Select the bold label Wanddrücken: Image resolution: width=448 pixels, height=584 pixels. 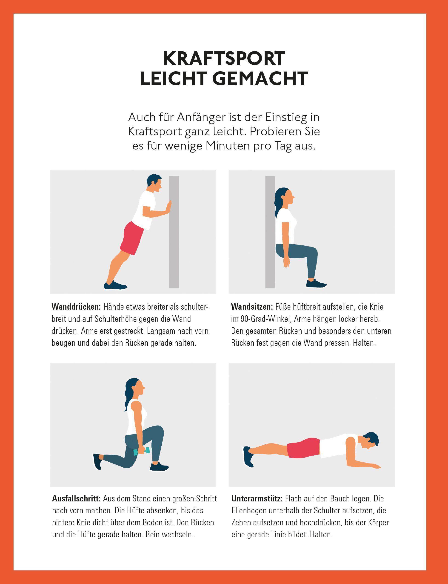[76, 307]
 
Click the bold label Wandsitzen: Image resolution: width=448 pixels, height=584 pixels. [252, 307]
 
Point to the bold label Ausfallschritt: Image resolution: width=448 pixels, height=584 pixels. [76, 498]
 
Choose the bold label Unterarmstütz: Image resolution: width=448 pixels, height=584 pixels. [257, 498]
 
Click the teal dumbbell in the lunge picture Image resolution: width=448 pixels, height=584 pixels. [141, 451]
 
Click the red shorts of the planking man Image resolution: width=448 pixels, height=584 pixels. [303, 446]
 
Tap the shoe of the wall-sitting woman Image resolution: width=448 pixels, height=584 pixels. [316, 283]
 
